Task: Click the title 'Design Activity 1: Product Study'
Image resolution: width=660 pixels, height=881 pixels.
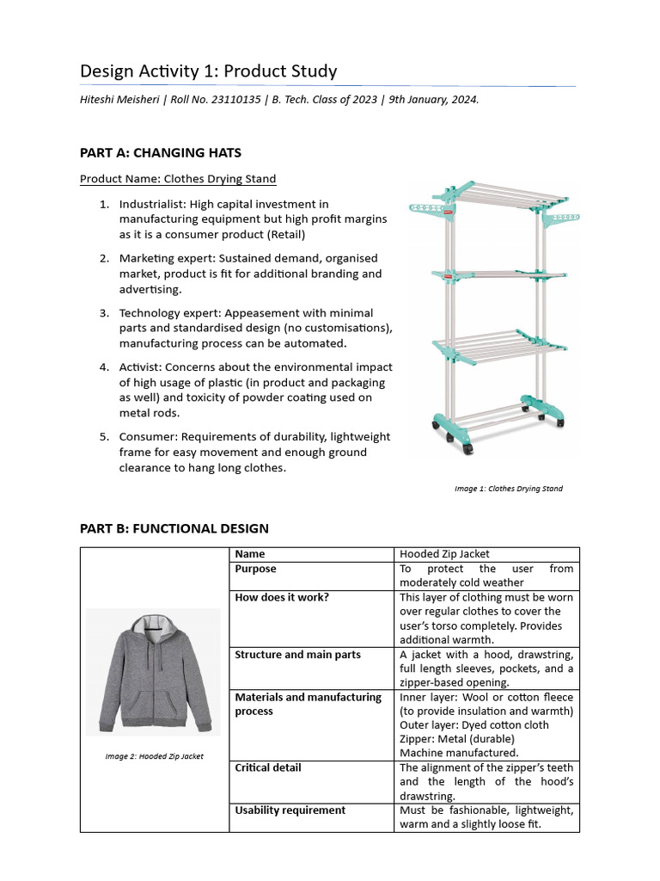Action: (208, 71)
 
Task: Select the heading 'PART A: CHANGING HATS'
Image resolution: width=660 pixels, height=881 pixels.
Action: (161, 153)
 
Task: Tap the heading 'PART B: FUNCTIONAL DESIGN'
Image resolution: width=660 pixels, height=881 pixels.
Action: (174, 528)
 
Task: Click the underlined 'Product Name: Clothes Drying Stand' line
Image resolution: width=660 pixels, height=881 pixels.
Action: (178, 179)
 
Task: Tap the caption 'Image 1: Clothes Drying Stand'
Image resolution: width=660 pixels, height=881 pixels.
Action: (508, 489)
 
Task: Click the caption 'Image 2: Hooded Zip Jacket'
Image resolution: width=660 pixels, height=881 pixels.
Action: (150, 756)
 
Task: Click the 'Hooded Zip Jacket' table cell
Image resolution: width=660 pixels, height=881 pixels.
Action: (444, 554)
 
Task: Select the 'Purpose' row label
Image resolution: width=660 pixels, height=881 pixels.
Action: (255, 569)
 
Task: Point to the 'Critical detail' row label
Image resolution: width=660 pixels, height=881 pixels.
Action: (268, 767)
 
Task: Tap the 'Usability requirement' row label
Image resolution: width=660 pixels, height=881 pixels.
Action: (290, 810)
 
